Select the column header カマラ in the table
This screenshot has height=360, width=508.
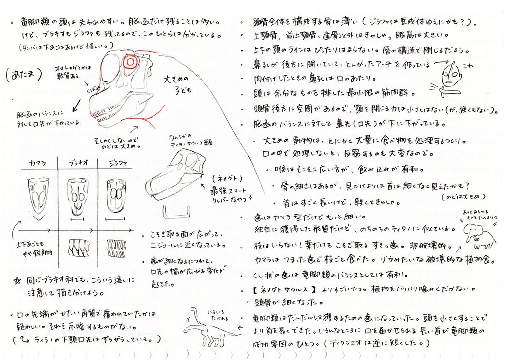38,163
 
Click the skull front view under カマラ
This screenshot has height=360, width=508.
38,195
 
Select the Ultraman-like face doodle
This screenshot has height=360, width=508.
449,75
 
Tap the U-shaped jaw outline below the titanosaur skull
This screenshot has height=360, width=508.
177,212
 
